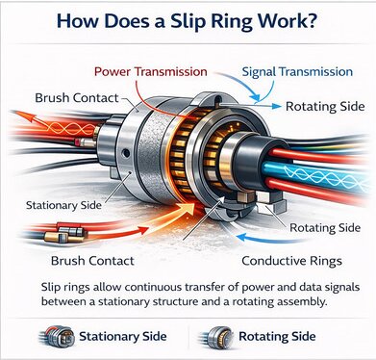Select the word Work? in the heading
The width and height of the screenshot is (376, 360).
click(297, 19)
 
